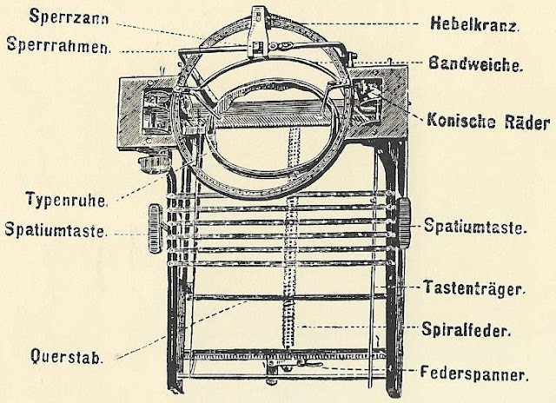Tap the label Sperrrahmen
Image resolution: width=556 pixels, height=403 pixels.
(x=69, y=46)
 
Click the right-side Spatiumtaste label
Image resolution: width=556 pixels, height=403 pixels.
(x=475, y=228)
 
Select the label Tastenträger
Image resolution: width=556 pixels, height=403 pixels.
(x=473, y=286)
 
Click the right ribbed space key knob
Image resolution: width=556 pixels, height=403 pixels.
(x=406, y=216)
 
